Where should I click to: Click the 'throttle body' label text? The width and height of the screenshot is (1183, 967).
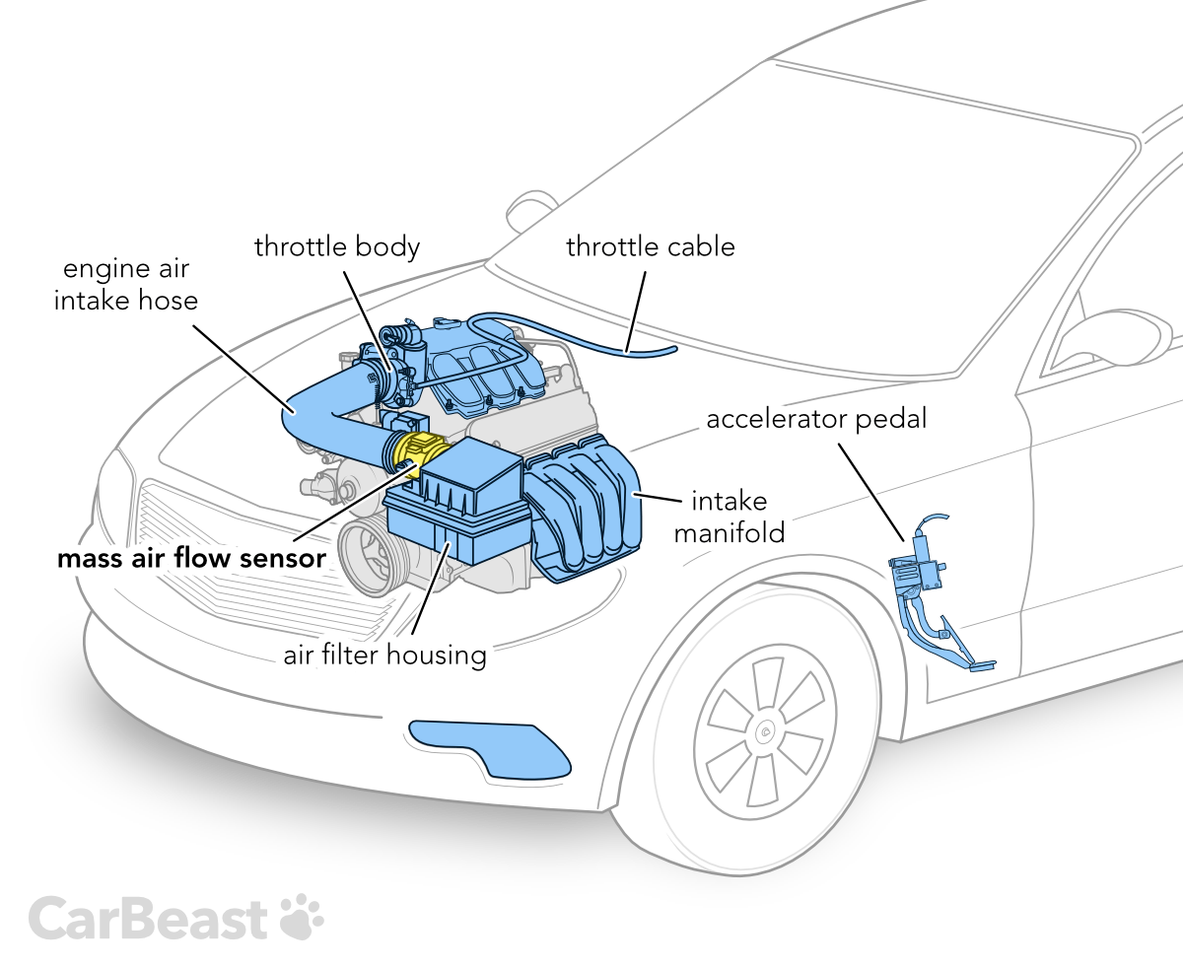337,246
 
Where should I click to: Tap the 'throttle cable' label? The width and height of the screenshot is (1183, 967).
650,246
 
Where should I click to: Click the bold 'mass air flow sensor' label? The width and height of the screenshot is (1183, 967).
191,559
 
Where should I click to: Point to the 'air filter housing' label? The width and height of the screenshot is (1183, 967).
385,655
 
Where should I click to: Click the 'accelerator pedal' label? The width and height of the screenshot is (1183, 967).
817,419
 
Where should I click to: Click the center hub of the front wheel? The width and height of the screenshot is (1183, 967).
766,730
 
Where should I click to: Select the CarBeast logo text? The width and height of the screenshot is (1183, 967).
148,919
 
